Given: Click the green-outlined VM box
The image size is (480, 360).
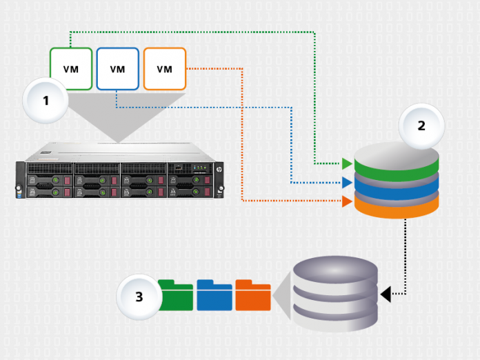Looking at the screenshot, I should pyautogui.click(x=70, y=68).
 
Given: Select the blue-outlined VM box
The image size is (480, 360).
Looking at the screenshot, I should pyautogui.click(x=117, y=68).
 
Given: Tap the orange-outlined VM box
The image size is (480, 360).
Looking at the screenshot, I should pyautogui.click(x=164, y=68).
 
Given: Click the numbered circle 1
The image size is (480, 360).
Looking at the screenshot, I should pyautogui.click(x=46, y=101).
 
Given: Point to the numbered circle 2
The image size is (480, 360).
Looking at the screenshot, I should pyautogui.click(x=421, y=126).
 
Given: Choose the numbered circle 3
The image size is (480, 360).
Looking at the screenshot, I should pyautogui.click(x=139, y=297).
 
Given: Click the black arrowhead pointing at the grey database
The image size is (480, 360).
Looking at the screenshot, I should pyautogui.click(x=386, y=294).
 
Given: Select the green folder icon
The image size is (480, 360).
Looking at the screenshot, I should pyautogui.click(x=175, y=294).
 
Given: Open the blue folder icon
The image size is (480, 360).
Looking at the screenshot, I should pyautogui.click(x=214, y=294).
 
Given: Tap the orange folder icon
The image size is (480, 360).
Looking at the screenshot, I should pyautogui.click(x=253, y=294).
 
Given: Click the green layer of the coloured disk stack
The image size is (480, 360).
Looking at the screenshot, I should pyautogui.click(x=397, y=168).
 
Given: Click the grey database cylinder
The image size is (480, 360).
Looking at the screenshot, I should pyautogui.click(x=335, y=297).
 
